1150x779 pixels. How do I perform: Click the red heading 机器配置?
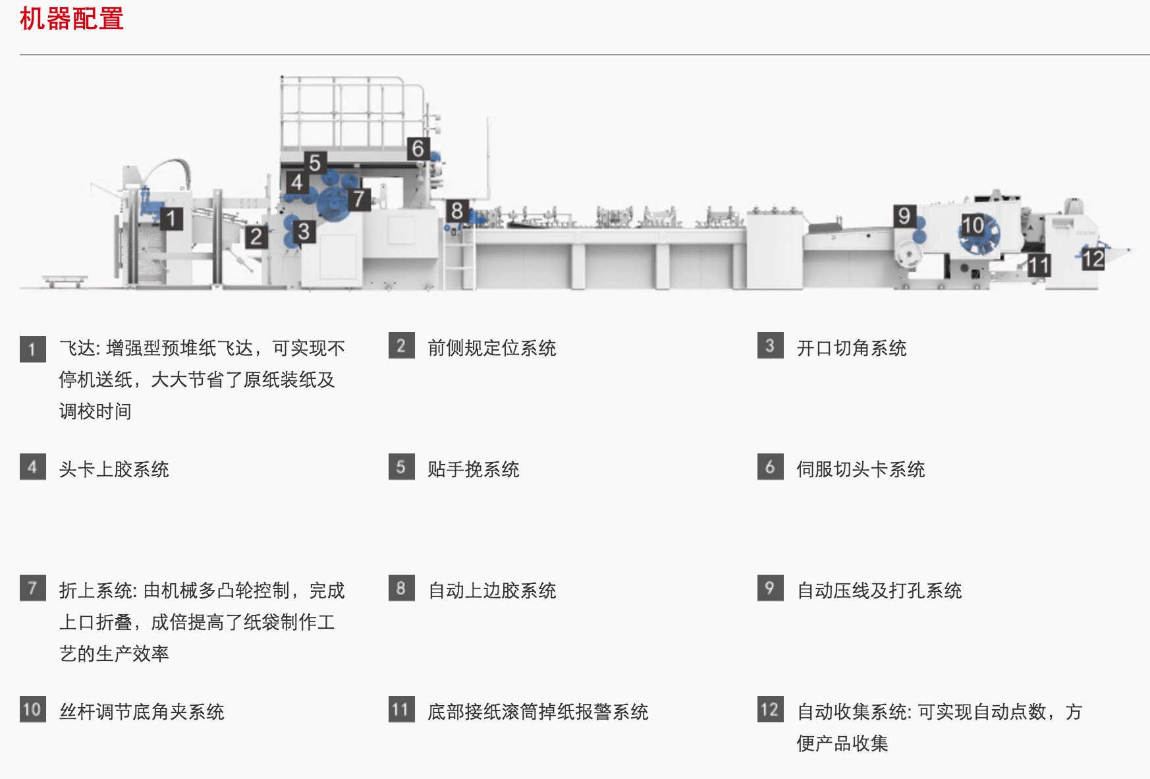pos(72,18)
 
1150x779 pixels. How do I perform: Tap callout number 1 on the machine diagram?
pos(171,218)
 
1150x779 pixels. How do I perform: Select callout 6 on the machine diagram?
pos(418,149)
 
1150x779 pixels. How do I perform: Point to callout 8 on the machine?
pos(456,212)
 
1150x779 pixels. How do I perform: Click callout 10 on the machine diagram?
pos(973,225)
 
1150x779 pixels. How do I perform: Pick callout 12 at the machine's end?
pos(1093,259)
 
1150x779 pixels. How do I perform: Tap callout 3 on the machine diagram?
pos(303,232)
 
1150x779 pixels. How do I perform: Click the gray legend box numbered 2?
pos(401,346)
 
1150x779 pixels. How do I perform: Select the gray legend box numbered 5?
pos(401,467)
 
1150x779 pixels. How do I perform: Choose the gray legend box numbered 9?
pos(770,589)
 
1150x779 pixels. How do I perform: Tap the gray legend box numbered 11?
pos(401,710)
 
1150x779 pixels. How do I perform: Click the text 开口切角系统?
pos(851,348)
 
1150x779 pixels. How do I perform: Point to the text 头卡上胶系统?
pos(114,469)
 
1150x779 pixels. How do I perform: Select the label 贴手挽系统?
pos(473,469)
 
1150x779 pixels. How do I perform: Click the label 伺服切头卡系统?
pos(860,469)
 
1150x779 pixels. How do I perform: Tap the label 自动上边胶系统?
pos(491,591)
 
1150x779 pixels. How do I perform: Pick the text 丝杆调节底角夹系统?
pos(142,712)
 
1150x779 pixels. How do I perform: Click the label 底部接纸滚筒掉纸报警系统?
pos(537,712)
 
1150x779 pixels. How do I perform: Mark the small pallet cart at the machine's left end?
pos(65,281)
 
